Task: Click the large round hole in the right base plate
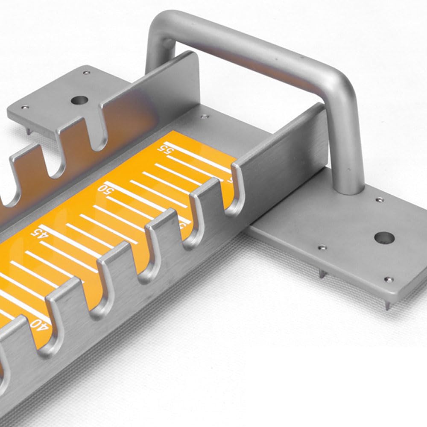coord(383,237)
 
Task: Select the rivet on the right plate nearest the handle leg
coord(379,199)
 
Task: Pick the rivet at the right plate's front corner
coord(389,280)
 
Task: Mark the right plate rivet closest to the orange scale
coord(322,247)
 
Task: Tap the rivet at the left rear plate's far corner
coord(87,73)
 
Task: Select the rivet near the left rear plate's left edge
coord(25,107)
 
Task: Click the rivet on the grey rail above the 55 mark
coord(204,116)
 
